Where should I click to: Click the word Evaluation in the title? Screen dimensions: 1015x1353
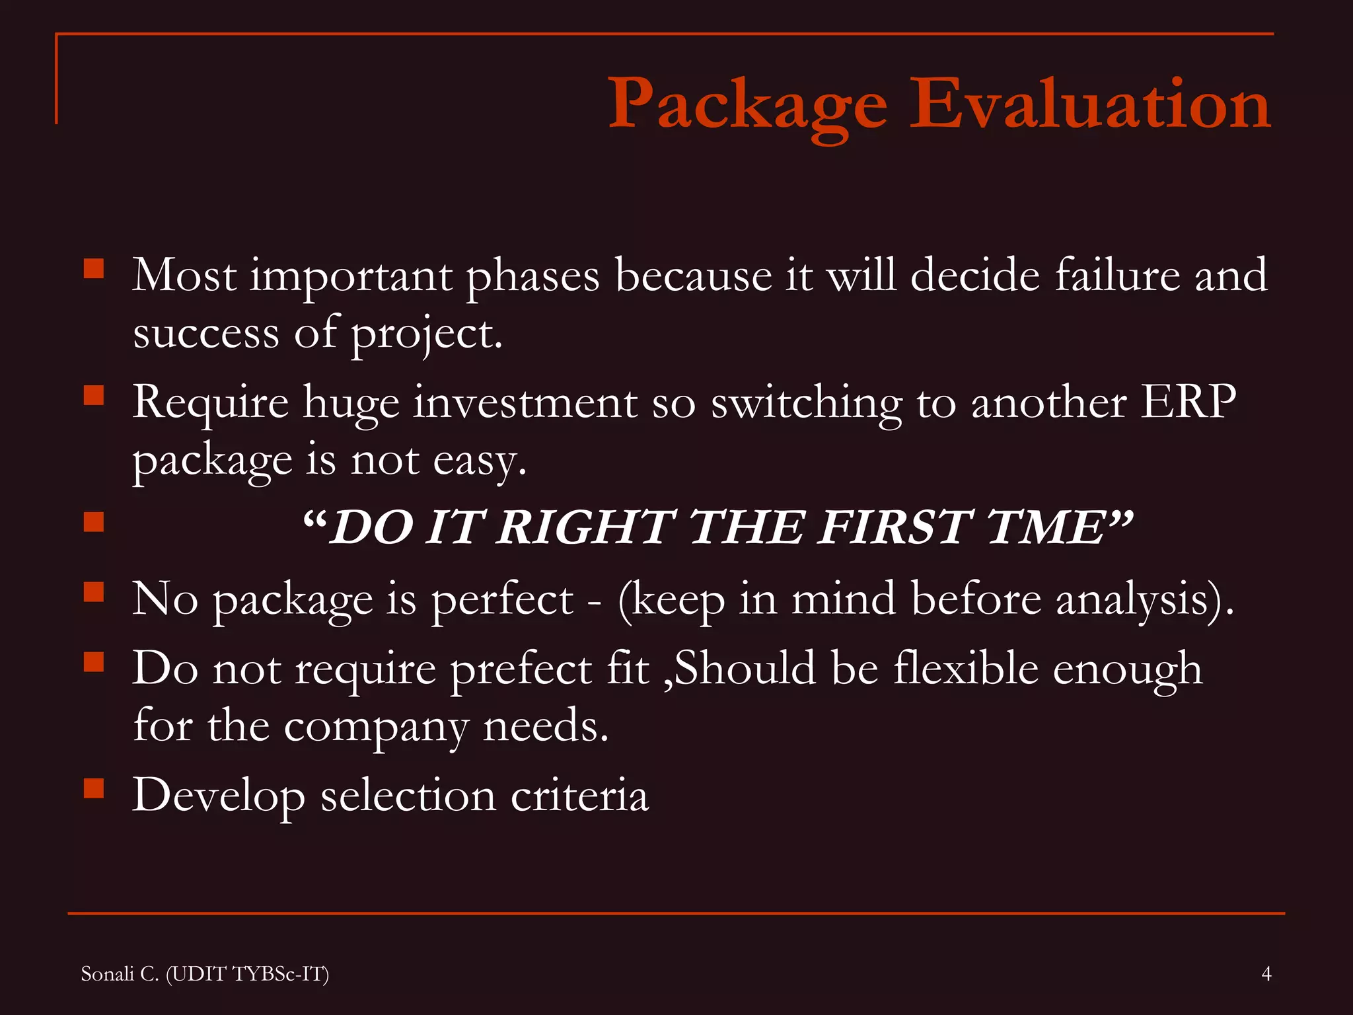(x=1090, y=104)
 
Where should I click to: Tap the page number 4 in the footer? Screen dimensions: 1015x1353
(x=1266, y=973)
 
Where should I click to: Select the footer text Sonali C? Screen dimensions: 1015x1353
(x=120, y=974)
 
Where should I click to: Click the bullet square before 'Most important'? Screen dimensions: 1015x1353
(x=94, y=269)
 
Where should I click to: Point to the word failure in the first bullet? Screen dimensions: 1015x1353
(x=1116, y=275)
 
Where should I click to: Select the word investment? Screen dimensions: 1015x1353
(x=525, y=402)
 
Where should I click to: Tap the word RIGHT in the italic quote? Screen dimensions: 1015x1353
(x=585, y=527)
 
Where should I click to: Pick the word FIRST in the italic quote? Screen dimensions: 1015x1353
(x=895, y=527)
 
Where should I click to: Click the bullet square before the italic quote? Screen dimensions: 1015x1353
(x=94, y=522)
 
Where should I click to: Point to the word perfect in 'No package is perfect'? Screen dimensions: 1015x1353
(x=502, y=600)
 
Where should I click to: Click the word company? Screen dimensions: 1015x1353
(x=376, y=727)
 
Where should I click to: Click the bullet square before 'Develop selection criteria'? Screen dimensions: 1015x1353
(x=94, y=788)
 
